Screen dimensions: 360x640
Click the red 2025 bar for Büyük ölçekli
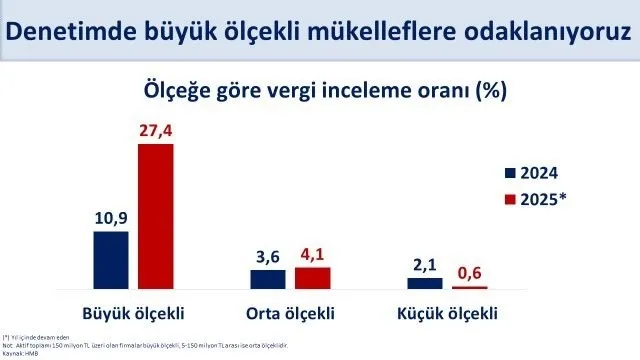coord(155,216)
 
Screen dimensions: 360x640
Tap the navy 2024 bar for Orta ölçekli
coord(267,279)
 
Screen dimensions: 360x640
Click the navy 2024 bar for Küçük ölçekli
coord(424,283)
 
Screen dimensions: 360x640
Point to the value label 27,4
coord(155,130)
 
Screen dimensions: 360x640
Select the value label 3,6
coord(267,256)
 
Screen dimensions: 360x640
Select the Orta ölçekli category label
coord(289,311)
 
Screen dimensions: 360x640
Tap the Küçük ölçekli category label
coord(447,311)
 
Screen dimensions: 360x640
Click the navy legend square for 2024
coord(510,172)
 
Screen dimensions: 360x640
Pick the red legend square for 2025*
coord(510,198)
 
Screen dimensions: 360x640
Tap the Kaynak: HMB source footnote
coord(22,354)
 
